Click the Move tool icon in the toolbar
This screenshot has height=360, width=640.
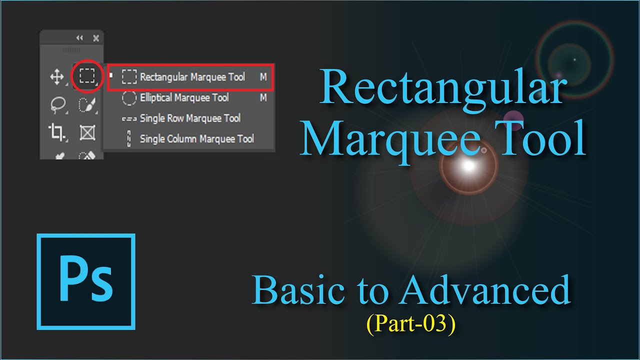pyautogui.click(x=56, y=77)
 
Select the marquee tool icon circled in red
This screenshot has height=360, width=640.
pyautogui.click(x=87, y=76)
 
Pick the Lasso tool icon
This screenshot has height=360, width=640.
pyautogui.click(x=57, y=104)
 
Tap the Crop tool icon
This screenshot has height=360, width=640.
pyautogui.click(x=56, y=132)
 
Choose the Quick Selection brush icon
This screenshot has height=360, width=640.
pyautogui.click(x=87, y=104)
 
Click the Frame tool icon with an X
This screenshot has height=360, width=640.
pyautogui.click(x=87, y=132)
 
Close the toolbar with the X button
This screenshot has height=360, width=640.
pyautogui.click(x=96, y=38)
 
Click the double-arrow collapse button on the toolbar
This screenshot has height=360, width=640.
pyautogui.click(x=79, y=38)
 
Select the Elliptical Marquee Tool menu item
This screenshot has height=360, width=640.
pyautogui.click(x=184, y=98)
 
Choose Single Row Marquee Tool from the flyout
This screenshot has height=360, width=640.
pyautogui.click(x=190, y=118)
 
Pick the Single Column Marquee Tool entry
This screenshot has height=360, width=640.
pyautogui.click(x=196, y=139)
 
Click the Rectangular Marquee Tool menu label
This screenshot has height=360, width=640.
pyautogui.click(x=192, y=77)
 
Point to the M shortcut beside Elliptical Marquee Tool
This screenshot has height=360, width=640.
pyautogui.click(x=263, y=98)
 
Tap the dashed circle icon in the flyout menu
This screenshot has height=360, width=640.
pyautogui.click(x=129, y=98)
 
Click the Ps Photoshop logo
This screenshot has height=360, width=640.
pyautogui.click(x=86, y=282)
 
